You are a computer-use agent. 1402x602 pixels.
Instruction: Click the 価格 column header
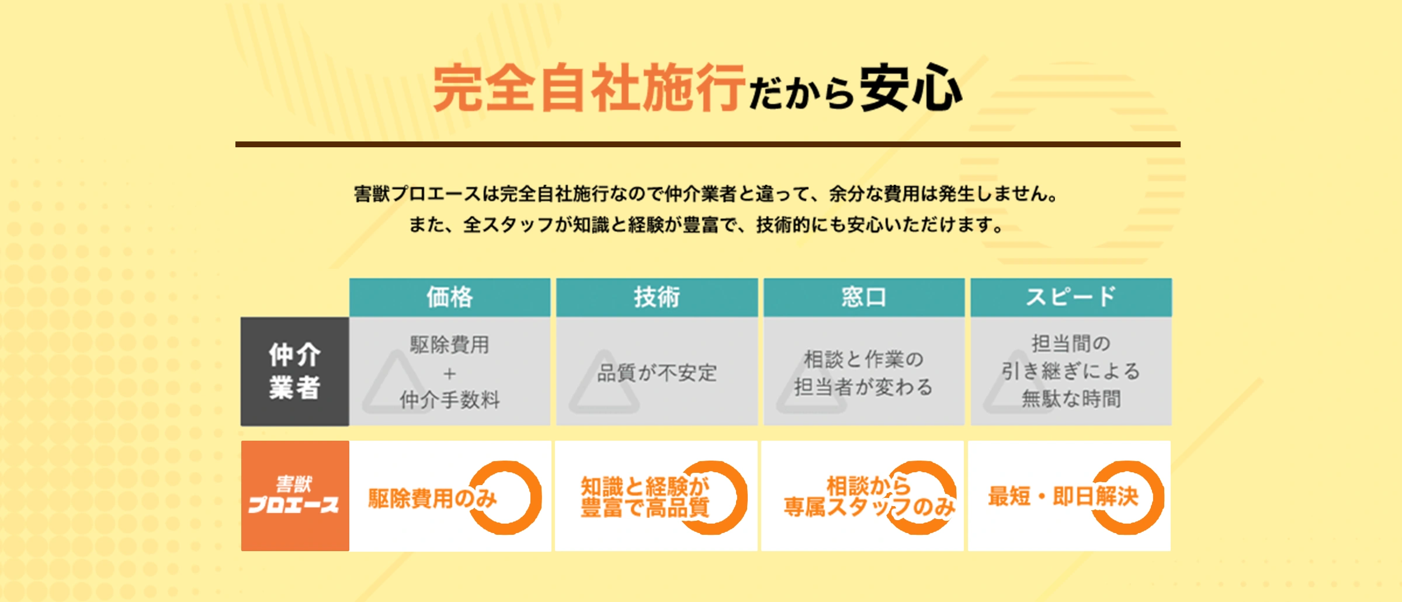click(x=450, y=297)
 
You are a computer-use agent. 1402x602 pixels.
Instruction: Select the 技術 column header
click(x=657, y=297)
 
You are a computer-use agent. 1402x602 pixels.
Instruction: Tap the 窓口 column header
click(x=864, y=297)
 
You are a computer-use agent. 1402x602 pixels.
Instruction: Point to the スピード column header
click(x=1071, y=297)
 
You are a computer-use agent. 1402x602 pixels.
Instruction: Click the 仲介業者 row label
click(x=295, y=371)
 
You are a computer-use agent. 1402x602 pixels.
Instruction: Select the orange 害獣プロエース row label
click(x=295, y=496)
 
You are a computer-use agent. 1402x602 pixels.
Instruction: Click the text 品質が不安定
click(x=657, y=372)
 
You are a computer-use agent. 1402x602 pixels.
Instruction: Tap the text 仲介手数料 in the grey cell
click(x=450, y=400)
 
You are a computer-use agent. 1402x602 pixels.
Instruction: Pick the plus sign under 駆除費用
click(x=449, y=373)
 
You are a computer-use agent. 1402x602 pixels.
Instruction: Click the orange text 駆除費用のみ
click(x=432, y=499)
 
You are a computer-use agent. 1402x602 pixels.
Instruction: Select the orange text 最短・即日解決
click(x=1063, y=496)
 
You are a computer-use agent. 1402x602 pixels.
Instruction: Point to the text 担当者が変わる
click(x=863, y=387)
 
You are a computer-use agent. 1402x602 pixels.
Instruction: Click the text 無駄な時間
click(x=1071, y=399)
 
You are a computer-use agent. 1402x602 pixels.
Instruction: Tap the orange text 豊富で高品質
click(x=645, y=507)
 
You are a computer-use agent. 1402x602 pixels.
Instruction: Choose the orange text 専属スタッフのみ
click(x=870, y=507)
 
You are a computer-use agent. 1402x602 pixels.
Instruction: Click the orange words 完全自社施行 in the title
click(x=589, y=88)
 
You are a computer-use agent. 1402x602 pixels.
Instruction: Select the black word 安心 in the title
click(x=911, y=88)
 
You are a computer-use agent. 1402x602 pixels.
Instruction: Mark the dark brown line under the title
click(x=708, y=144)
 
